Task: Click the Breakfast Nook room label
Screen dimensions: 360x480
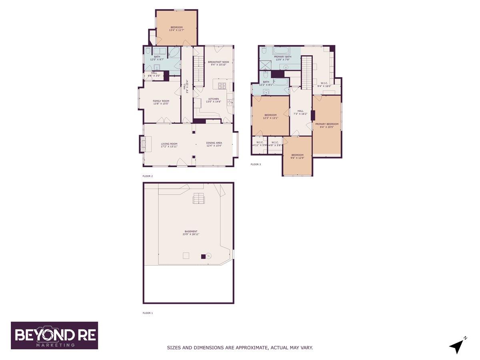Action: [x=218, y=63]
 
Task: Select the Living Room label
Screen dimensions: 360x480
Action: [x=169, y=145]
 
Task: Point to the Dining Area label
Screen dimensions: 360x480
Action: [x=214, y=144]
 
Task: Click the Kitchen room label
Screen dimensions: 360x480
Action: [x=213, y=100]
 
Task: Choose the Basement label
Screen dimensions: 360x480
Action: [x=191, y=233]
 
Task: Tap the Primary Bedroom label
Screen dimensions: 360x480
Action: [x=327, y=126]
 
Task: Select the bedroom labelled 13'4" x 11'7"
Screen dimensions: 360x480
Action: [x=176, y=29]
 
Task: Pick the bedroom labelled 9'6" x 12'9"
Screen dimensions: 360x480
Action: [x=297, y=156]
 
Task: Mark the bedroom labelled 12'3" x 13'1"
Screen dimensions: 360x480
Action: [x=270, y=116]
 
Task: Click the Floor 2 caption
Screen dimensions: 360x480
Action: [x=148, y=176]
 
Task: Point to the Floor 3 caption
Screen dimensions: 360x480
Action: [x=256, y=164]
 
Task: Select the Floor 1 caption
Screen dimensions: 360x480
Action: [x=148, y=313]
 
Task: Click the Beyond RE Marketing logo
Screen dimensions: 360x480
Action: [x=54, y=335]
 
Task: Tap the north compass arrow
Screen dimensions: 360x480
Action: [x=456, y=346]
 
